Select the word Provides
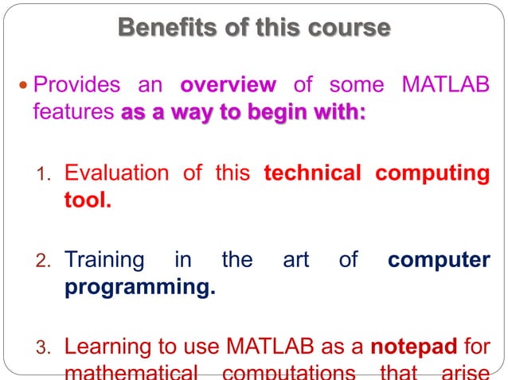[77, 83]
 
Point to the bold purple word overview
[228, 83]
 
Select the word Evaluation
[116, 173]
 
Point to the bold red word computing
[432, 173]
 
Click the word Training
[104, 260]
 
